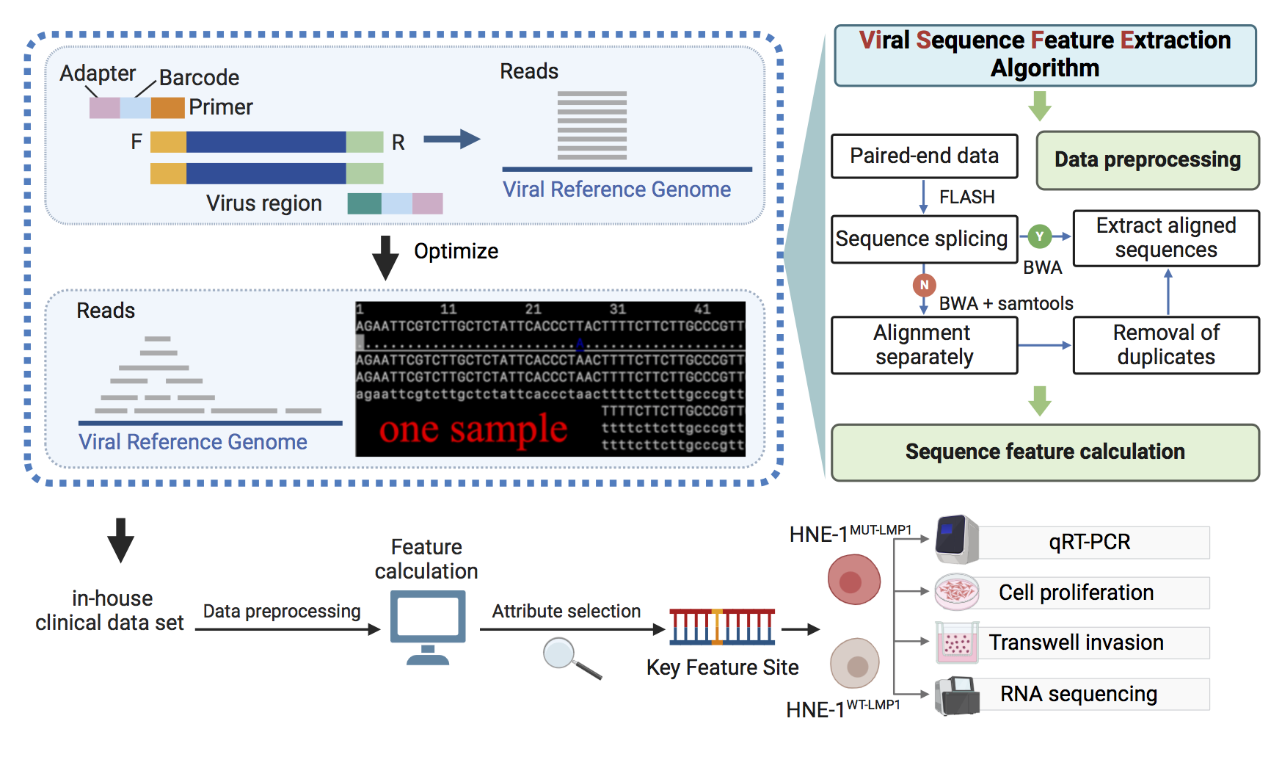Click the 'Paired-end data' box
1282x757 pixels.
(924, 156)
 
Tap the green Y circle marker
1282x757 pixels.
(1039, 236)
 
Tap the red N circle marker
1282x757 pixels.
(924, 285)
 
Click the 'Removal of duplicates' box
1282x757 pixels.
(1166, 345)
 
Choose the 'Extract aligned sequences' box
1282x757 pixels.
(1166, 238)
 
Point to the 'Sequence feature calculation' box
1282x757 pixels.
(1045, 452)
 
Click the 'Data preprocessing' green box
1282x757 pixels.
(1148, 160)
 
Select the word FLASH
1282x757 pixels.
(967, 197)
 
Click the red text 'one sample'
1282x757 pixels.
(473, 430)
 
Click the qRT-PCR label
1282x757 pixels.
(1090, 543)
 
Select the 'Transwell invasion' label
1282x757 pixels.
(1077, 643)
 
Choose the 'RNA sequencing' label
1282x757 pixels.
(1079, 695)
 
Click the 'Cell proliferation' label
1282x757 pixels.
(1077, 593)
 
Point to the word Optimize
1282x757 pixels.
(456, 251)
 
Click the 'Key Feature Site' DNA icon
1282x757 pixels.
(722, 627)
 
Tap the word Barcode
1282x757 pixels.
(199, 78)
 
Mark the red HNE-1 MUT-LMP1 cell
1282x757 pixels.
(854, 580)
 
